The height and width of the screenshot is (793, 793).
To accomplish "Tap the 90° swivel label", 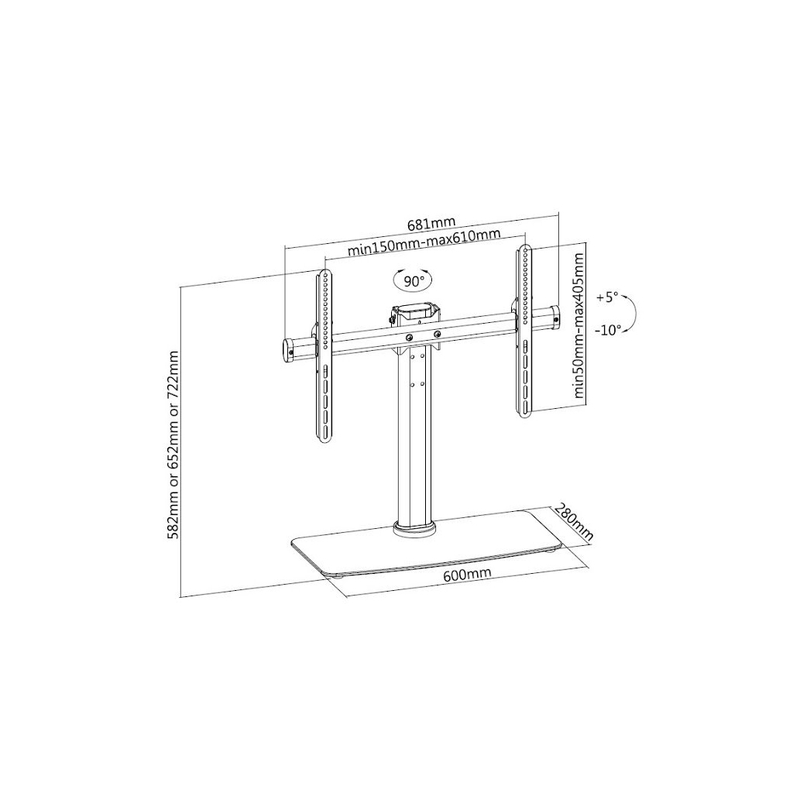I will click(410, 280).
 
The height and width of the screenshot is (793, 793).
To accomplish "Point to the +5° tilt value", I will click(608, 297).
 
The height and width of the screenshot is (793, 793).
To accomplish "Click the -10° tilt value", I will click(609, 330).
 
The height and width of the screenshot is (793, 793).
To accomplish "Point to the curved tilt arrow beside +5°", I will click(631, 314).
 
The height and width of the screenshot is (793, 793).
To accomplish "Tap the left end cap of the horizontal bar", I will click(288, 350).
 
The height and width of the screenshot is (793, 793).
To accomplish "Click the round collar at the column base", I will click(414, 530).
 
